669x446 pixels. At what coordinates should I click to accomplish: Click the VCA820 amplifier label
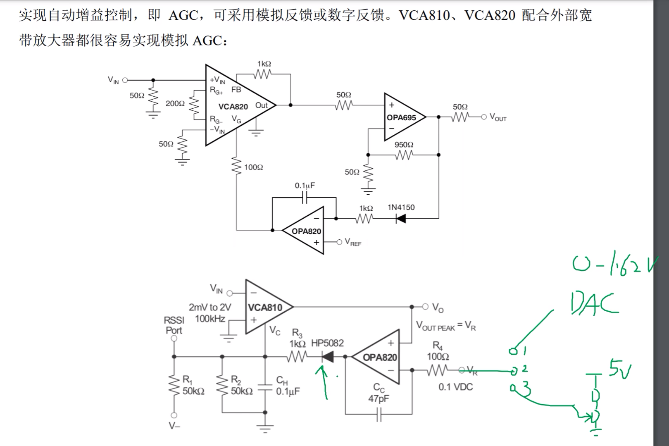click(233, 107)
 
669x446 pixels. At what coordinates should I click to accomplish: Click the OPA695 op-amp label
click(401, 118)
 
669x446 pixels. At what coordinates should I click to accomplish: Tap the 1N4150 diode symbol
click(400, 219)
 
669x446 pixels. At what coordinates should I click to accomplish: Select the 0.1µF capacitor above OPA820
click(305, 199)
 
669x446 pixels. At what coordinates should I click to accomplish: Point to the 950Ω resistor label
click(404, 145)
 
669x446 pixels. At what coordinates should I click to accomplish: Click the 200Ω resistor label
click(175, 104)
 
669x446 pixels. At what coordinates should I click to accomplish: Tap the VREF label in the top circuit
click(353, 242)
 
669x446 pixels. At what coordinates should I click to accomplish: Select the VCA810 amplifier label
click(265, 308)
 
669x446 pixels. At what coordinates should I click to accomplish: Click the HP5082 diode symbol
click(328, 356)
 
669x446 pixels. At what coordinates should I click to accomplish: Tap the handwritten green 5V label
click(620, 369)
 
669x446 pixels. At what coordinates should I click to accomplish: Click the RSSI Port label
click(174, 325)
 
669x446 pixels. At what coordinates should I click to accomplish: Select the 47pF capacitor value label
click(379, 398)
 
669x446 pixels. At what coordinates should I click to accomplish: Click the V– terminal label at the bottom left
click(174, 426)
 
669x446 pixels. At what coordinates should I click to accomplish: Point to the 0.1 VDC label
click(455, 387)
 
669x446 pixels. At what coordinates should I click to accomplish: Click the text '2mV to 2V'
click(210, 307)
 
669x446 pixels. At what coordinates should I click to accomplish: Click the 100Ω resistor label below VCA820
click(253, 167)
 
